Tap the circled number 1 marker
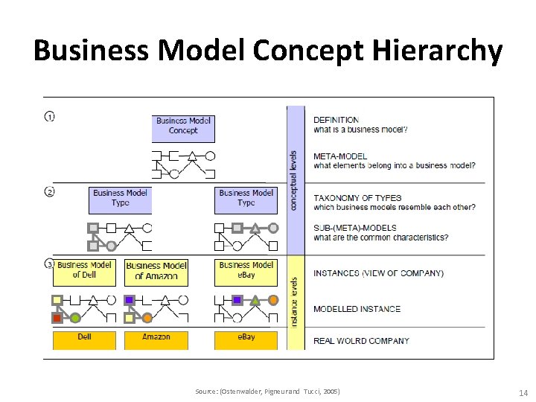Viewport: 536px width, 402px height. pos(49,117)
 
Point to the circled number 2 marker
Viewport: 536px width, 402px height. pos(49,192)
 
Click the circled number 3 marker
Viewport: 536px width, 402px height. pos(49,264)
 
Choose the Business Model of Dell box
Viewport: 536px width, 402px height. pos(84,272)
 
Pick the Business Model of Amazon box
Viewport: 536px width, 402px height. pos(156,272)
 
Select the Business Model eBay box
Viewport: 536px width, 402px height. pos(246,272)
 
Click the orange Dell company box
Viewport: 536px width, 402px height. pos(84,339)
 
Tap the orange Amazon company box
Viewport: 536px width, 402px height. pos(156,339)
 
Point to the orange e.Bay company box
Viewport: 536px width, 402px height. pos(246,339)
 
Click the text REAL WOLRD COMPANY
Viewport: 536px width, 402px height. pos(361,341)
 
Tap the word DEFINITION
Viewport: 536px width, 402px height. pos(336,120)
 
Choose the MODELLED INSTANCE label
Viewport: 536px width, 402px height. pos(357,309)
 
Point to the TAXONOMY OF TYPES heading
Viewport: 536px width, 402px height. pos(357,198)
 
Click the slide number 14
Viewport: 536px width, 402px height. pos(522,392)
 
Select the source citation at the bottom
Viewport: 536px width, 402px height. pos(267,392)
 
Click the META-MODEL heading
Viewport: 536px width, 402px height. pos(339,156)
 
